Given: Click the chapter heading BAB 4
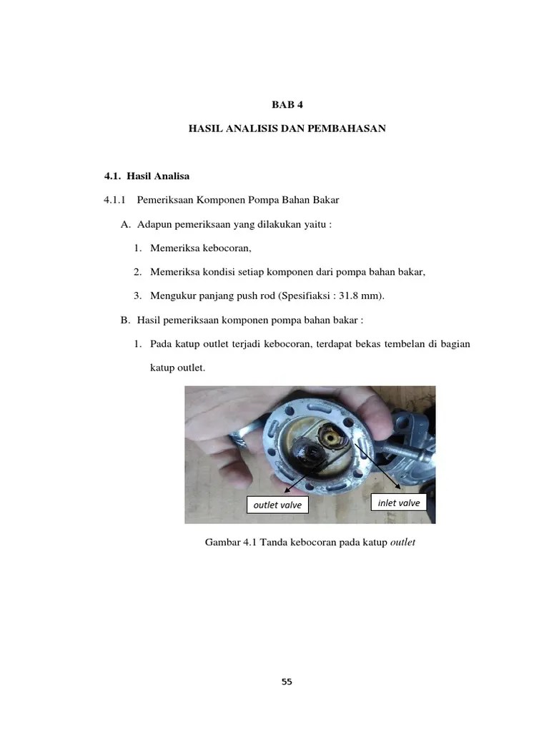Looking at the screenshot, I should click(287, 105).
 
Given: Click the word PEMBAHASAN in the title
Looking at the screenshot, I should click(347, 128).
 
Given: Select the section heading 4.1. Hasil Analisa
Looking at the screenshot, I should click(147, 175).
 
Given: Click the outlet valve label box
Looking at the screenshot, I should click(278, 505).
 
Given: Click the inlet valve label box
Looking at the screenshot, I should click(399, 503).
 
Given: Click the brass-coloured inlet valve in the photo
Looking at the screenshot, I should click(333, 436).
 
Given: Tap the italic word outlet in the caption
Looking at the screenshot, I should click(402, 543).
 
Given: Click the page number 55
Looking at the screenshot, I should click(287, 682).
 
